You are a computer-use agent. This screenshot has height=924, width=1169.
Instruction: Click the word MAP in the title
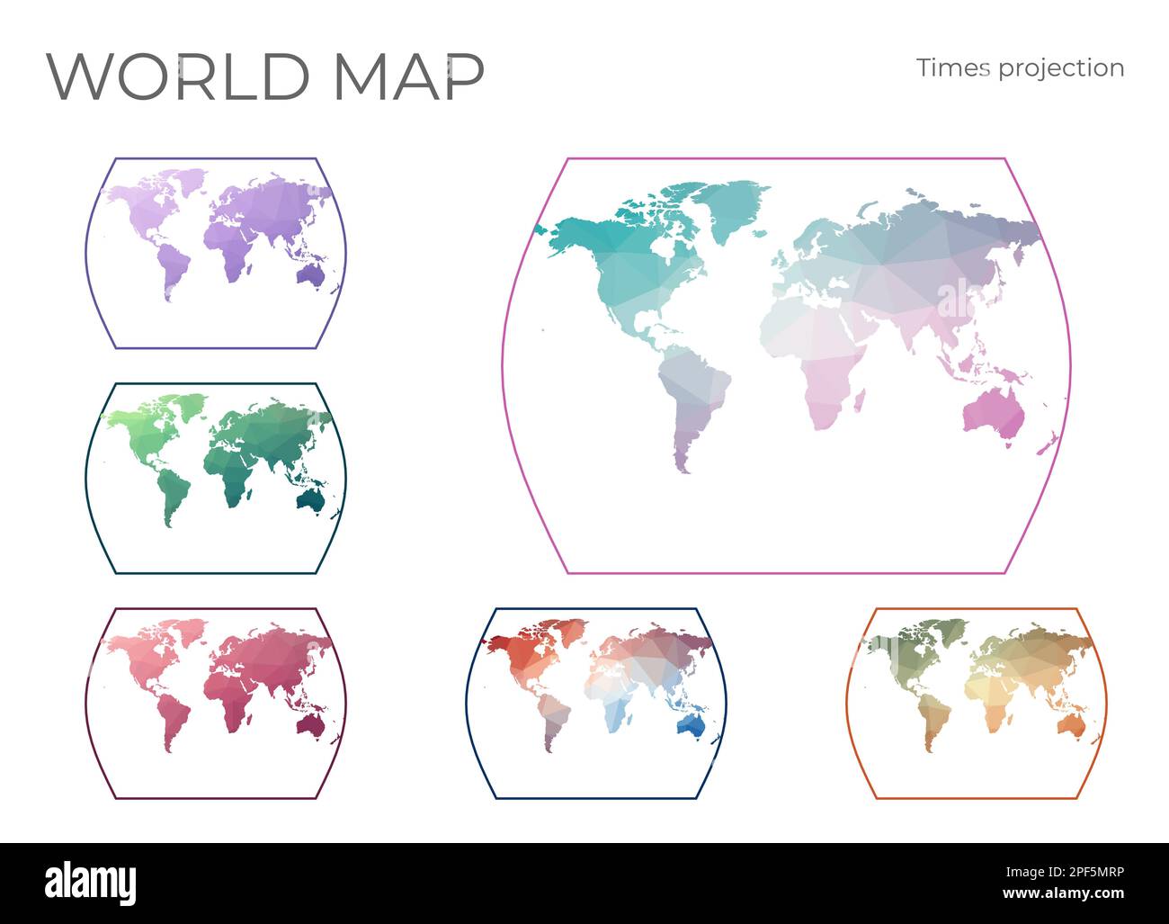pyautogui.click(x=409, y=76)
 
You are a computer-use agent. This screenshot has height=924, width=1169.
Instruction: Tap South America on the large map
pyautogui.click(x=692, y=396)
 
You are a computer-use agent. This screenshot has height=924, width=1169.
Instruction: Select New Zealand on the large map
pyautogui.click(x=1047, y=444)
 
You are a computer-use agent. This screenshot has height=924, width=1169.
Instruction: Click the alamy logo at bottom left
pyautogui.click(x=91, y=883)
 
